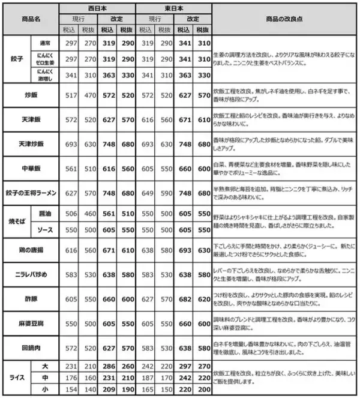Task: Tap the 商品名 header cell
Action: (29, 19)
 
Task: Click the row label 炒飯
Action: (29, 95)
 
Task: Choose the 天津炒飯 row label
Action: (29, 145)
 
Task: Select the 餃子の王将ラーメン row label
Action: (29, 193)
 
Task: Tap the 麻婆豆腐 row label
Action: (29, 323)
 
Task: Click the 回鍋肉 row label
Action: (29, 348)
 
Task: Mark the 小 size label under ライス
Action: (44, 390)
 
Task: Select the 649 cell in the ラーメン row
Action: (146, 193)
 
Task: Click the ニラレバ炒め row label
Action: (29, 274)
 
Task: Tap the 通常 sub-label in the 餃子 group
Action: (44, 43)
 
